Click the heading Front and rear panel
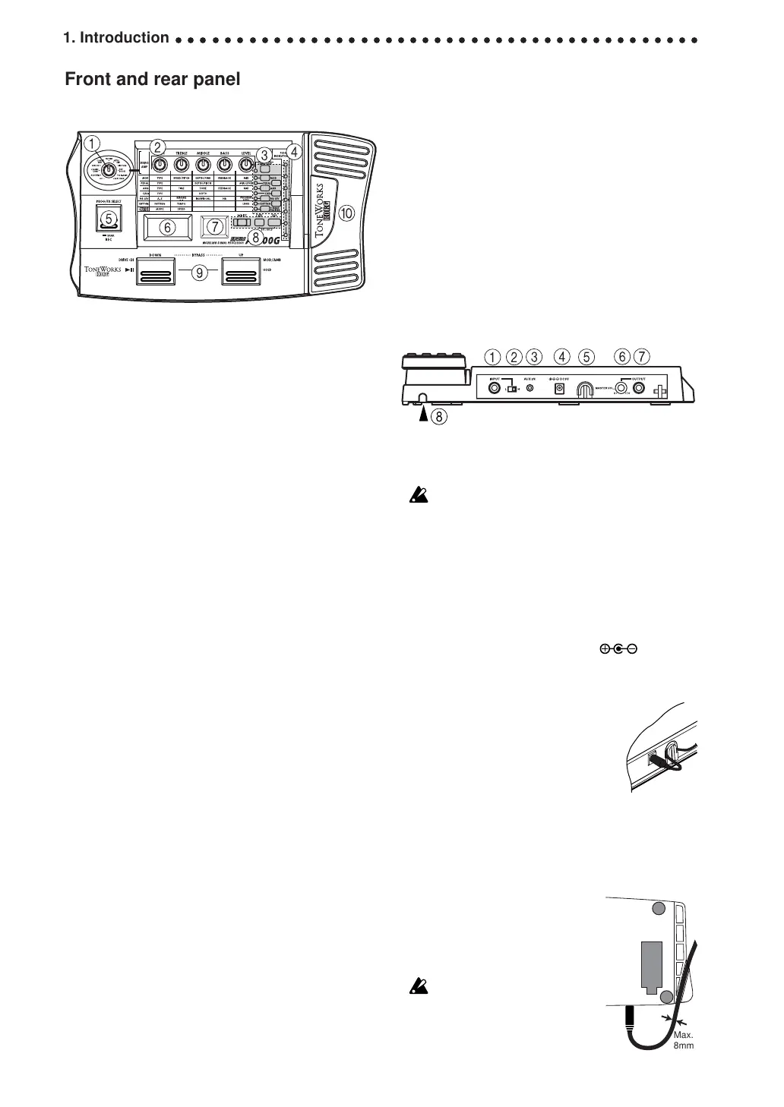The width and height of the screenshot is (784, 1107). (153, 79)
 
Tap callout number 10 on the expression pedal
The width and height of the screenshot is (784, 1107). (346, 214)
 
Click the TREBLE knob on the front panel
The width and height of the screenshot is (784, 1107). (182, 165)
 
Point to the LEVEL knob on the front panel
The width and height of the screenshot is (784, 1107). (245, 165)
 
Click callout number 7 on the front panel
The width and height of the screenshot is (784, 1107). (215, 226)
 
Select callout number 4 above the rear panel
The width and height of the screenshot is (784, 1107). (562, 356)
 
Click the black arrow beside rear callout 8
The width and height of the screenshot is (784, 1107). (423, 415)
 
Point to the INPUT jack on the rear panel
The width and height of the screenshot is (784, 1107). (495, 388)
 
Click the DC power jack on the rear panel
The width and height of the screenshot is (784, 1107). (560, 388)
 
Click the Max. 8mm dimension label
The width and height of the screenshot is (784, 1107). (684, 1040)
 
